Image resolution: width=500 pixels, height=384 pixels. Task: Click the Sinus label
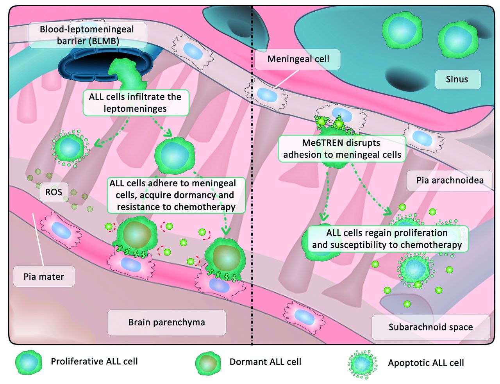pyautogui.click(x=457, y=79)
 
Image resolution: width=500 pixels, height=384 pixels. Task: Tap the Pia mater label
pyautogui.click(x=44, y=277)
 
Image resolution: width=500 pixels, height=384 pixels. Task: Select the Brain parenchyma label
pyautogui.click(x=166, y=322)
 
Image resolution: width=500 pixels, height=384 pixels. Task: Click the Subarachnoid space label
pyautogui.click(x=430, y=327)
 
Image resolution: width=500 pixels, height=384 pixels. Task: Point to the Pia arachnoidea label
pyautogui.click(x=450, y=180)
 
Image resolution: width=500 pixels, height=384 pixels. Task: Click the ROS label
pyautogui.click(x=54, y=192)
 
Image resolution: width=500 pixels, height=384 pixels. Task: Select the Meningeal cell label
pyautogui.click(x=298, y=59)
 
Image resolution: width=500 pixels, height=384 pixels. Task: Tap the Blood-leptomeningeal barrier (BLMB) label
pyautogui.click(x=87, y=35)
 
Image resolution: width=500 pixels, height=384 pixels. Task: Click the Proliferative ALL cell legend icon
pyautogui.click(x=29, y=362)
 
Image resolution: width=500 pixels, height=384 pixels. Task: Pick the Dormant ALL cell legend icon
pyautogui.click(x=207, y=363)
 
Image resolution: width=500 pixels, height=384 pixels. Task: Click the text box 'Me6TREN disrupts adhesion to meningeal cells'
pyautogui.click(x=342, y=149)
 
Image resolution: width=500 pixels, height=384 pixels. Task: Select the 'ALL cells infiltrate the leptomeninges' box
pyautogui.click(x=135, y=103)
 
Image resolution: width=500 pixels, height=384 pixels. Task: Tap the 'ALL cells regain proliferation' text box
pyautogui.click(x=387, y=239)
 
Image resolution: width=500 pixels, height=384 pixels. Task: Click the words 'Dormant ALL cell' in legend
pyautogui.click(x=265, y=362)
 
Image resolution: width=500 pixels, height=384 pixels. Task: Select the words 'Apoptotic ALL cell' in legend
pyautogui.click(x=426, y=363)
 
